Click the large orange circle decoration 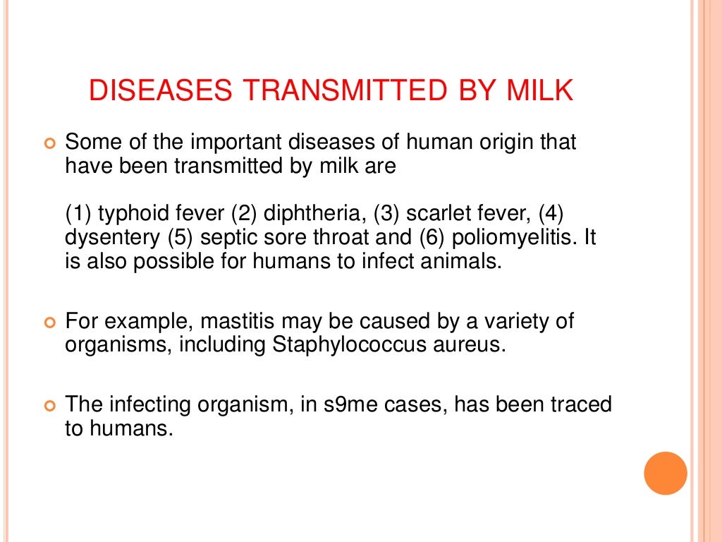click(666, 473)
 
